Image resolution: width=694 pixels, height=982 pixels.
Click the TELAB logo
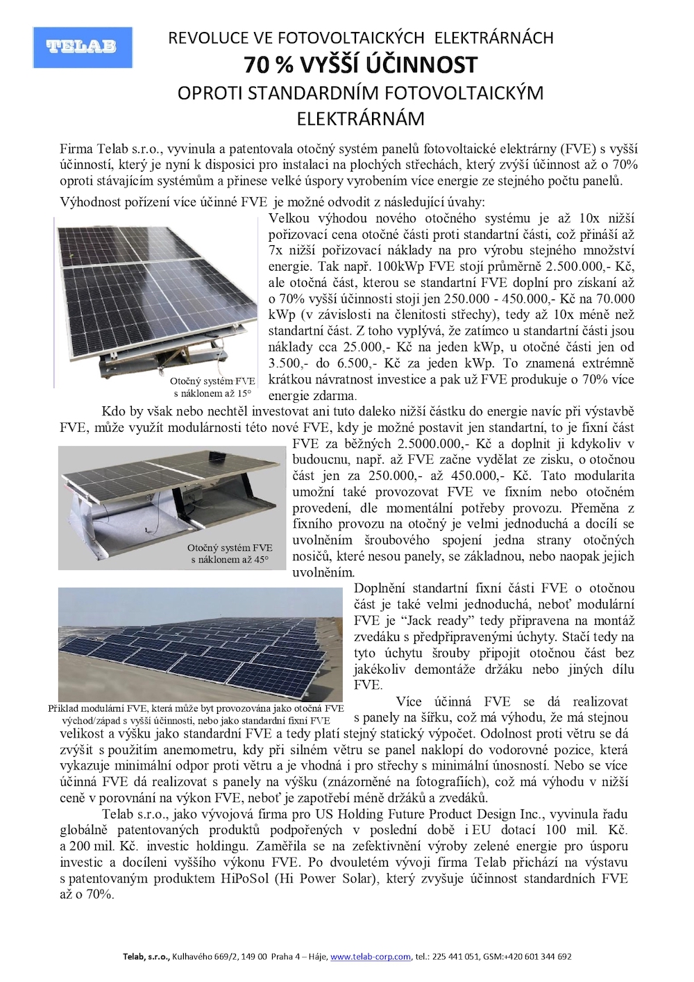(83, 47)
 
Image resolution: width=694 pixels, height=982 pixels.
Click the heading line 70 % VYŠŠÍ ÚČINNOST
(360, 65)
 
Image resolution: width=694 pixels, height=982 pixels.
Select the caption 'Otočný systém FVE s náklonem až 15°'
(212, 387)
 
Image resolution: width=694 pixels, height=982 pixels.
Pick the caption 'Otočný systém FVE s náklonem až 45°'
(230, 554)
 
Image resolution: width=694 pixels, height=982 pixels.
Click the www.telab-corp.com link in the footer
(371, 956)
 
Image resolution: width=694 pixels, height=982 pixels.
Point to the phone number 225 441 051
(455, 956)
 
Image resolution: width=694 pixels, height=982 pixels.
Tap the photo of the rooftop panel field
(201, 644)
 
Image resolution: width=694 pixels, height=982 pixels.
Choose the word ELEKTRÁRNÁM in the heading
(360, 119)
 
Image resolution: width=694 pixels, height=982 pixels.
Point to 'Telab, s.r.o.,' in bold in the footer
(146, 956)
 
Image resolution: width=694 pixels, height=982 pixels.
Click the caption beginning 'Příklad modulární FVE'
(196, 714)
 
